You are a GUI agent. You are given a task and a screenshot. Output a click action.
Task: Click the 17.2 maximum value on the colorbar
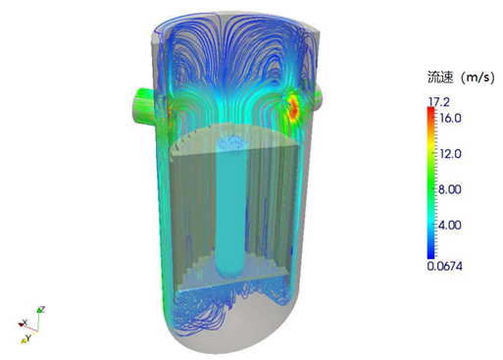439,102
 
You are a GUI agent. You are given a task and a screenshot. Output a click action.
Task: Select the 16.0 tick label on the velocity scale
450,118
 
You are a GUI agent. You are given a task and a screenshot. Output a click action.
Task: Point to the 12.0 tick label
450,154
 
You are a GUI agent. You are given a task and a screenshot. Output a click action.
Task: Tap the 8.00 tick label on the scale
449,189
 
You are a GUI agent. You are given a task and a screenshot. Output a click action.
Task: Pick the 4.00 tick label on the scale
449,225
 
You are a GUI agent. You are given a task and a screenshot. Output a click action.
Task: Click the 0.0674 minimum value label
445,266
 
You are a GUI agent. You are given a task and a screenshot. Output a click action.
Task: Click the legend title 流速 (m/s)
461,77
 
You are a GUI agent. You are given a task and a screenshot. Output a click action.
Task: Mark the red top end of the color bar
431,110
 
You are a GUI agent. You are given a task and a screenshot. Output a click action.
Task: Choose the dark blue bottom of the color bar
431,255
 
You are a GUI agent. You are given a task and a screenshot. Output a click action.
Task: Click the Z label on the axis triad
42,309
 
